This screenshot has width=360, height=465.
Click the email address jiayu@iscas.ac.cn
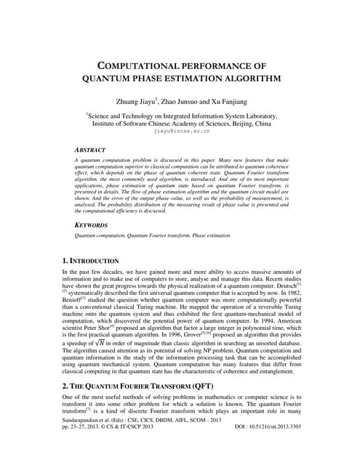[x=180, y=132]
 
